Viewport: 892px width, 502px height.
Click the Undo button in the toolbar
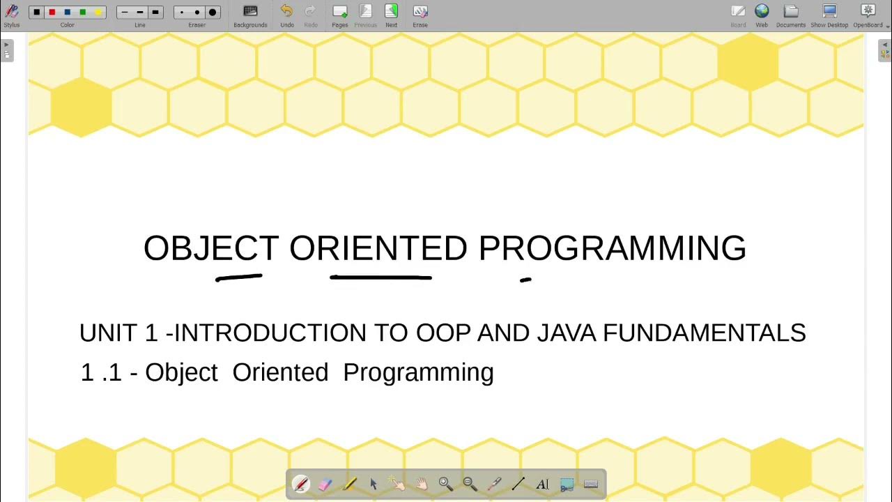(x=286, y=12)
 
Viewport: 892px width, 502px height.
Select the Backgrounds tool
(x=250, y=12)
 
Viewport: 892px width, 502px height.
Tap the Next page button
(x=391, y=12)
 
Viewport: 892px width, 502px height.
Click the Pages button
(x=340, y=12)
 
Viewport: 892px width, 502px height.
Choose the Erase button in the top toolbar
(x=420, y=12)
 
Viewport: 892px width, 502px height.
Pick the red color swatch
(x=52, y=13)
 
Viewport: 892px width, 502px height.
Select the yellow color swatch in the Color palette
(x=98, y=13)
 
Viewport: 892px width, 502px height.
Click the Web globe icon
(x=762, y=11)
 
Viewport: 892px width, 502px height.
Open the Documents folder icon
(x=790, y=11)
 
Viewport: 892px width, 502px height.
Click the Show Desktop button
(x=829, y=11)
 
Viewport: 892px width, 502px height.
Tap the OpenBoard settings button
(x=868, y=11)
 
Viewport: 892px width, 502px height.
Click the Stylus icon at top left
(x=12, y=11)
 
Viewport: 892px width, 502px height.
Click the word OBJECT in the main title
(x=210, y=249)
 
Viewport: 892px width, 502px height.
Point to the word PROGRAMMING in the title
(x=612, y=249)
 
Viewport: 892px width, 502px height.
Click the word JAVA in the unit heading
(x=566, y=333)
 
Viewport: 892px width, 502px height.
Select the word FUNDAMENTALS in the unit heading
(x=704, y=333)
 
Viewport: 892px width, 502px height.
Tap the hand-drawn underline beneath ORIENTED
(x=380, y=277)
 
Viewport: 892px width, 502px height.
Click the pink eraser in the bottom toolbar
(x=325, y=484)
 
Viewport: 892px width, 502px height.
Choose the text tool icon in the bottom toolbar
(x=542, y=484)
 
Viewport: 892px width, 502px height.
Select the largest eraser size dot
(x=213, y=13)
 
